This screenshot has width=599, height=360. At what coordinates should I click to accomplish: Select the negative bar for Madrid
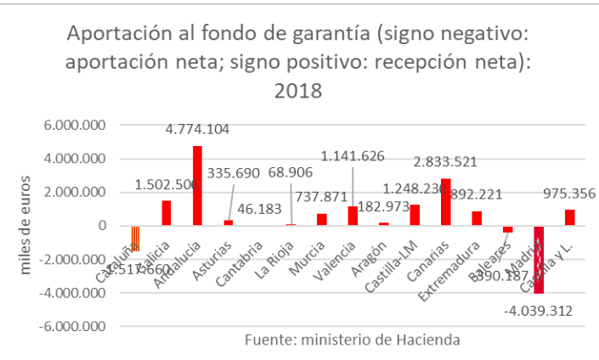(539, 259)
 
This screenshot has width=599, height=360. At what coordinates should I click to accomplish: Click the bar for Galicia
(167, 212)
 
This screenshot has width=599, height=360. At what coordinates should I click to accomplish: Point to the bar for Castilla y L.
(569, 217)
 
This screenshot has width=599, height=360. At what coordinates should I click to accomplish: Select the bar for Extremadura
(477, 218)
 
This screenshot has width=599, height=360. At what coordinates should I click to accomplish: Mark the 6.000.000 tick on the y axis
(77, 125)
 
